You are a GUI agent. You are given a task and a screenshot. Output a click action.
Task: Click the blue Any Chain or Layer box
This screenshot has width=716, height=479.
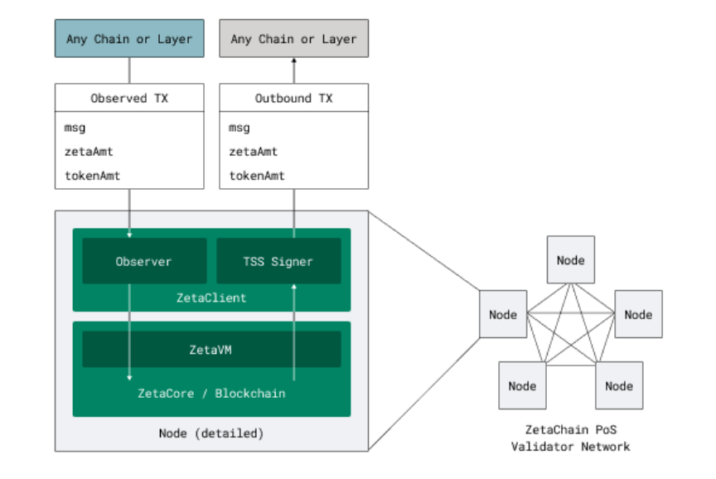point(129,38)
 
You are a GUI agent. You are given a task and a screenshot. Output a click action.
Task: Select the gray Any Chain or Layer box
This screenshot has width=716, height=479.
point(293,38)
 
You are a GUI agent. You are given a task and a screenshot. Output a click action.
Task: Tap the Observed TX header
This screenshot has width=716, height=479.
point(129,98)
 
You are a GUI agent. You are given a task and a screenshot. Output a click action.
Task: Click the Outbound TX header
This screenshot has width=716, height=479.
point(293,98)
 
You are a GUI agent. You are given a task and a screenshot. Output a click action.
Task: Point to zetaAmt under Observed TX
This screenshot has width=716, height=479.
point(89,152)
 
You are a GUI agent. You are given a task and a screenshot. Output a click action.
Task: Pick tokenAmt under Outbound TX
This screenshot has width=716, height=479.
point(257,176)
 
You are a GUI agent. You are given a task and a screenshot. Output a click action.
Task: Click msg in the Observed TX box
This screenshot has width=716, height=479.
point(75,128)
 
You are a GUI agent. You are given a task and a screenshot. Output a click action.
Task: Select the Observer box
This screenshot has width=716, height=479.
point(144,261)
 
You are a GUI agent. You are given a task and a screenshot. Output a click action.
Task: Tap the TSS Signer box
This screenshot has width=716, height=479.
point(278,261)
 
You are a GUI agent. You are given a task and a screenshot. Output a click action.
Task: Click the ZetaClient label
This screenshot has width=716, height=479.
point(211,298)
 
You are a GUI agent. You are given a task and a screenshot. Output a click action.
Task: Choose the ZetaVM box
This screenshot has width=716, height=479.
point(211,350)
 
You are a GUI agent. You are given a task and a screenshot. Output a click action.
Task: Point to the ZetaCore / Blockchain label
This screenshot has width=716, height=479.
point(211,393)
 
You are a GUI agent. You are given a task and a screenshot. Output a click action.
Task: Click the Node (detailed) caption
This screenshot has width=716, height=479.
point(211,433)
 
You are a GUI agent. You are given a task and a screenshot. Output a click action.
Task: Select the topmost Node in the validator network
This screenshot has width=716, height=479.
point(571,259)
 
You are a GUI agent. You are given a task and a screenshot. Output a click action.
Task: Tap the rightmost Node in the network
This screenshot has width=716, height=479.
point(638,314)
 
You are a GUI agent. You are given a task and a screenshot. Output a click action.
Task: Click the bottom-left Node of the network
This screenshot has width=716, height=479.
point(522,385)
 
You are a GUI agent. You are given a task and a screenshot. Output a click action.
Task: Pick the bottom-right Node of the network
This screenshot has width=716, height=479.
point(619,385)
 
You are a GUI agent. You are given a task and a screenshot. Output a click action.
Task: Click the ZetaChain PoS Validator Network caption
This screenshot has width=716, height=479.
point(571,438)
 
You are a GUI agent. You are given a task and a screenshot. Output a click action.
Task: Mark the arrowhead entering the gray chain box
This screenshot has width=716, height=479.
point(293,60)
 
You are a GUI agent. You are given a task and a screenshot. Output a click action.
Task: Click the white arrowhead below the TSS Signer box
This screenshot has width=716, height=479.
point(293,286)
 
